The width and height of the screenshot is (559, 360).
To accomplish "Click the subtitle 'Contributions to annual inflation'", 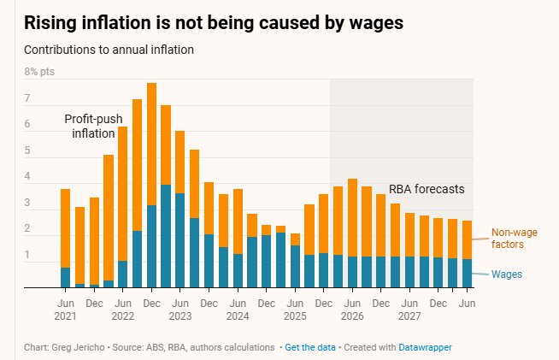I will point(109,50).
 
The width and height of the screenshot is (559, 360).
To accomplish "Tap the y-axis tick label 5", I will point(27,151).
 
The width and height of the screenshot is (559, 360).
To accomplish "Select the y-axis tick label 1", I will point(27,255).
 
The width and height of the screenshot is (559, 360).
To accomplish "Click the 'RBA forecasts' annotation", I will point(427,189).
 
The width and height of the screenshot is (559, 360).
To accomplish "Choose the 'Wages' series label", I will point(506,274).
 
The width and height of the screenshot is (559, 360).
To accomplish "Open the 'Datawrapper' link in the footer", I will point(420,347).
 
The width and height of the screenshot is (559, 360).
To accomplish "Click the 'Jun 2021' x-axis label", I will point(65,310).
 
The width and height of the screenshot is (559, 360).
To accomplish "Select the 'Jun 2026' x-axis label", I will point(352,310).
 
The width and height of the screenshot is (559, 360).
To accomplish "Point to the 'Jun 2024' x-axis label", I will point(237,310).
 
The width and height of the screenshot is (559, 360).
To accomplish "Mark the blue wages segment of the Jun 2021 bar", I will point(65,278).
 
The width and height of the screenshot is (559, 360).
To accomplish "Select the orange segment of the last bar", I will point(467,240).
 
